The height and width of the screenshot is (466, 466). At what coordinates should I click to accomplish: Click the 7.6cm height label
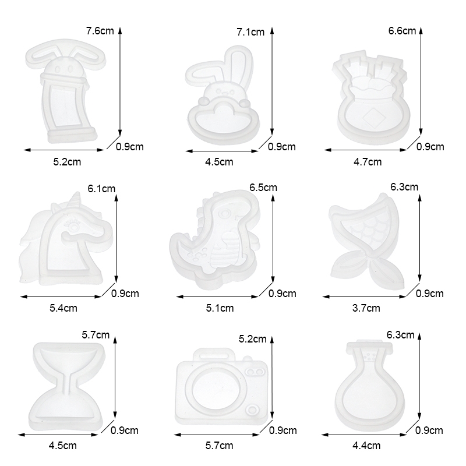(100, 31)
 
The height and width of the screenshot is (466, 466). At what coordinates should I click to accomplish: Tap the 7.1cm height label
(250, 32)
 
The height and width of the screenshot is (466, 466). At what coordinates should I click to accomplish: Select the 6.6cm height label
(402, 31)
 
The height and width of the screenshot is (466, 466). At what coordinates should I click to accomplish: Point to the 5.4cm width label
(63, 308)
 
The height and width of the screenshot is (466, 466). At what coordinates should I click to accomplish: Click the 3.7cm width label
(366, 308)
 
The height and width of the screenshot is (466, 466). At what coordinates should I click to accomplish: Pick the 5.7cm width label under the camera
(220, 446)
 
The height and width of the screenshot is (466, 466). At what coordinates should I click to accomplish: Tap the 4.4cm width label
(366, 446)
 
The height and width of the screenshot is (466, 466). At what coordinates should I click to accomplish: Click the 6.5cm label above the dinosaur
(263, 188)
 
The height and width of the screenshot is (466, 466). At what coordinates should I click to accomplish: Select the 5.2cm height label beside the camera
(253, 339)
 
